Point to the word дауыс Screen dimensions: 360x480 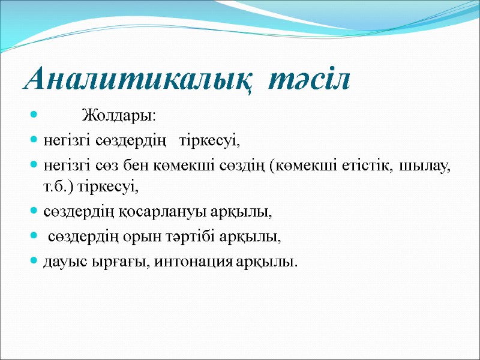[x=62, y=262]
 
